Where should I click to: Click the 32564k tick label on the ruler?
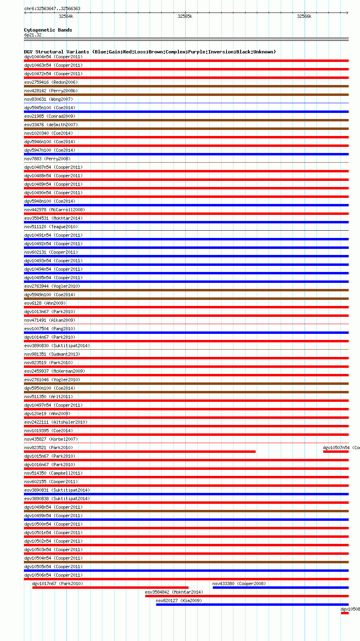pos(66,17)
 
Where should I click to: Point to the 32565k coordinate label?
pos(185,17)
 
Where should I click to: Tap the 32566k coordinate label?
pos(304,17)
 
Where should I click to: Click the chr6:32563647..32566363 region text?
pos(52,8)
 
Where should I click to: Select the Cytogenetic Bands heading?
pos(48,30)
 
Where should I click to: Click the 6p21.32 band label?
pos(33,35)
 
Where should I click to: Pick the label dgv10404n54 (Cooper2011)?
pos(53,57)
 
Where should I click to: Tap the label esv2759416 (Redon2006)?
pos(51,82)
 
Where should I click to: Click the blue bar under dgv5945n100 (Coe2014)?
pos(186,112)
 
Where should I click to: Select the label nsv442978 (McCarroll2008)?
pos(54,210)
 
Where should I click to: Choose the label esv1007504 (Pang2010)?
pos(49,329)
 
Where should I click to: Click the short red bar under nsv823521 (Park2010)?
pos(140,452)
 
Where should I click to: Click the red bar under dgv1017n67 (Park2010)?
pos(110,588)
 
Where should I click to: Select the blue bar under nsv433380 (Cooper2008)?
pos(280,588)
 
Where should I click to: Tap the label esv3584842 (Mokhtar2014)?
pos(174,592)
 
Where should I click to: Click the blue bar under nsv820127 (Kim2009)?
pos(252,605)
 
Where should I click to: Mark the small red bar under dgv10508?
pos(345,613)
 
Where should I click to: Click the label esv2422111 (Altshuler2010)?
pos(55,422)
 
